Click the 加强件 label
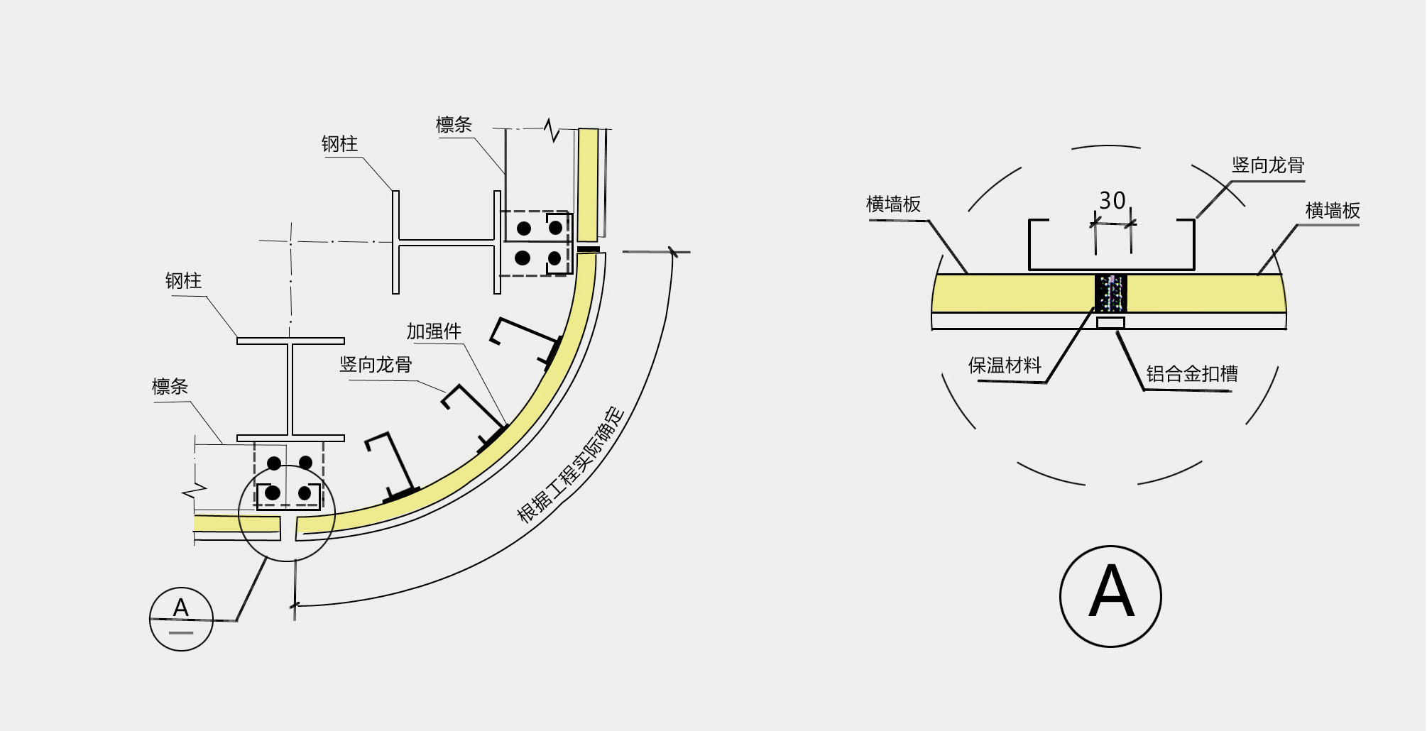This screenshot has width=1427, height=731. click(434, 331)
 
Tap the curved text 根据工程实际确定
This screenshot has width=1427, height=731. click(572, 466)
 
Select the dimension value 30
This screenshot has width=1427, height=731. click(1112, 201)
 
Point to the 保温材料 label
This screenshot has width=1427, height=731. click(1005, 365)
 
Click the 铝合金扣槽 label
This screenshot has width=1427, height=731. click(1192, 374)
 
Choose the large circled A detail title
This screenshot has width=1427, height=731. click(1110, 596)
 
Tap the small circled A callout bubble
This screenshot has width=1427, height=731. click(181, 619)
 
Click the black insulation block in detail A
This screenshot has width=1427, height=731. click(1111, 293)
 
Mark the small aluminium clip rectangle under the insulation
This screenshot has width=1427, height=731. click(1110, 323)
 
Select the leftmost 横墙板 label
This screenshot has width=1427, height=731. click(893, 204)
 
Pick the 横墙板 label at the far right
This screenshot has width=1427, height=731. click(1333, 211)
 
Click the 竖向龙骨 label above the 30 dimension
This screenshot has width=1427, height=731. click(1268, 165)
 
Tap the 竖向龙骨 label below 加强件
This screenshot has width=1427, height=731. click(376, 365)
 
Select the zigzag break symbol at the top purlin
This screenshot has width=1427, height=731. click(552, 130)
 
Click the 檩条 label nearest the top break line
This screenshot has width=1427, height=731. click(454, 125)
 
